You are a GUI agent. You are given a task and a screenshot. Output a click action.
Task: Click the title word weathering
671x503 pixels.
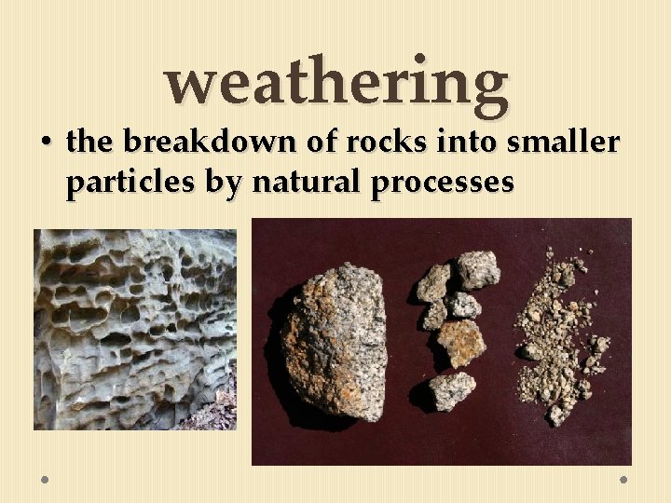point(337,82)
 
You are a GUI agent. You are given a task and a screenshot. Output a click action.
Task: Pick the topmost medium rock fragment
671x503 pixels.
point(478,269)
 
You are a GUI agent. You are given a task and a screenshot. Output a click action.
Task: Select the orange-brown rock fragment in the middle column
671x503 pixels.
point(460,343)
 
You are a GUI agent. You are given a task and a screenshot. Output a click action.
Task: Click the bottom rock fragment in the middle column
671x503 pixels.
point(452,390)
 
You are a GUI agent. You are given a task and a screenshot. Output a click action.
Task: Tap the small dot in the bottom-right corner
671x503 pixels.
point(623,479)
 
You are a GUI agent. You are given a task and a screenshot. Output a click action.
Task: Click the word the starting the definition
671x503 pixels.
point(89,142)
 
